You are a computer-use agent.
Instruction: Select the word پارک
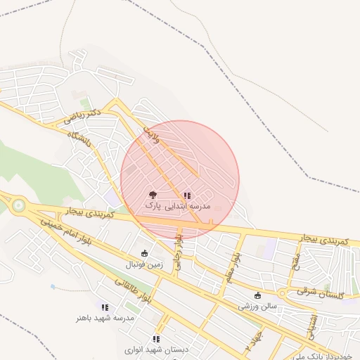click(153, 205)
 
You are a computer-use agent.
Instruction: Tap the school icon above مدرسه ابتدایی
click(187, 195)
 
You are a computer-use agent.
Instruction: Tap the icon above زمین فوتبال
click(144, 254)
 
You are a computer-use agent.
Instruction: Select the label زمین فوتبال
click(144, 265)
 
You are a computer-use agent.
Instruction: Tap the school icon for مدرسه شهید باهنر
click(105, 307)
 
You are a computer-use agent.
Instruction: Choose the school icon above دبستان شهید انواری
click(156, 339)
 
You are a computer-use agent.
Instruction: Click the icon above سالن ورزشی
click(258, 295)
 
